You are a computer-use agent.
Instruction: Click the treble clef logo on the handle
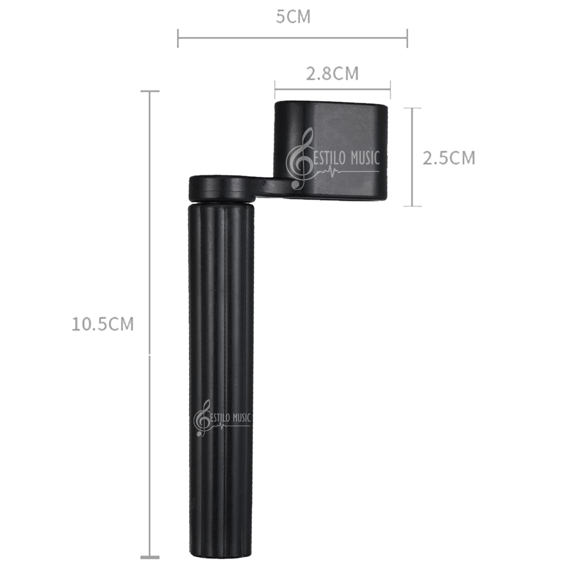pos(201,418)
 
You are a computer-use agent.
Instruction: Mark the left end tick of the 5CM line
pos(178,38)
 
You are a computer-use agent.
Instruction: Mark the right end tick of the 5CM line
pos(408,38)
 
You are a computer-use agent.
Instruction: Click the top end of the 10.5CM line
pos(149,92)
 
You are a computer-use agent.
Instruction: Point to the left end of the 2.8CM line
pos(275,86)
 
